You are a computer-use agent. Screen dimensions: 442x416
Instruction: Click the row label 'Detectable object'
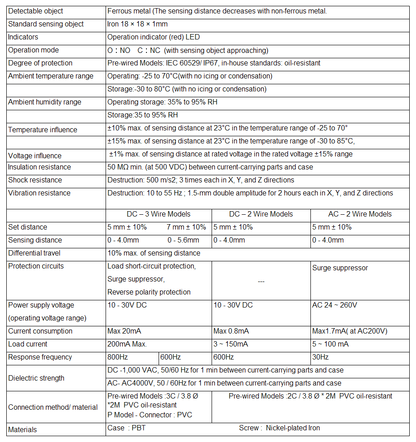(x=36, y=11)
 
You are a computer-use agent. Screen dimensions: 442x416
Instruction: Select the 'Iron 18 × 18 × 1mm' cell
(x=137, y=24)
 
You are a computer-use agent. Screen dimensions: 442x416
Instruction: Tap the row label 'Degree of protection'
(x=40, y=63)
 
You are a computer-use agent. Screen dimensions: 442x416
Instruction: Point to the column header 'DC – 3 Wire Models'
(x=159, y=214)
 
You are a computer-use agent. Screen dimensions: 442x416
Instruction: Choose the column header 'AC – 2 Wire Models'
(x=360, y=214)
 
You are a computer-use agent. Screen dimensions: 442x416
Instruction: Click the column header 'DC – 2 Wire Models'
(x=261, y=214)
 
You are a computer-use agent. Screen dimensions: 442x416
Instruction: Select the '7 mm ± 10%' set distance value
(x=186, y=227)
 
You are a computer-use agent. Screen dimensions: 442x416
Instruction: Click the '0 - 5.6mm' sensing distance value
(x=183, y=240)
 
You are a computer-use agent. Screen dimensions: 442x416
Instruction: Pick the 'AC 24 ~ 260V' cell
(x=335, y=305)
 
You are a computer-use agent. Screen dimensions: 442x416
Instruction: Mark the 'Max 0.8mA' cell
(x=231, y=331)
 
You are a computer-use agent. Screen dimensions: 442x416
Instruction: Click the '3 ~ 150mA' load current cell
(x=232, y=344)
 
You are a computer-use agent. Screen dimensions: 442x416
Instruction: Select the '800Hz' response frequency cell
(x=118, y=357)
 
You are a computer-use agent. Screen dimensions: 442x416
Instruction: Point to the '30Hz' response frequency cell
(x=320, y=357)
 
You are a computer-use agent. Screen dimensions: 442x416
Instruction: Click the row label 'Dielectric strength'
(x=36, y=378)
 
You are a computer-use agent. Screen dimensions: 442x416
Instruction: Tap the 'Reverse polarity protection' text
(x=149, y=292)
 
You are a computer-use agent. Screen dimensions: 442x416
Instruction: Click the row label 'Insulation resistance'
(x=40, y=167)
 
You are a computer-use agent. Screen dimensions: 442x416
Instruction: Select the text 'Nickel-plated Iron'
(x=293, y=428)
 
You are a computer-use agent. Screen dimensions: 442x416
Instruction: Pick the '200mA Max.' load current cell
(x=127, y=344)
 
